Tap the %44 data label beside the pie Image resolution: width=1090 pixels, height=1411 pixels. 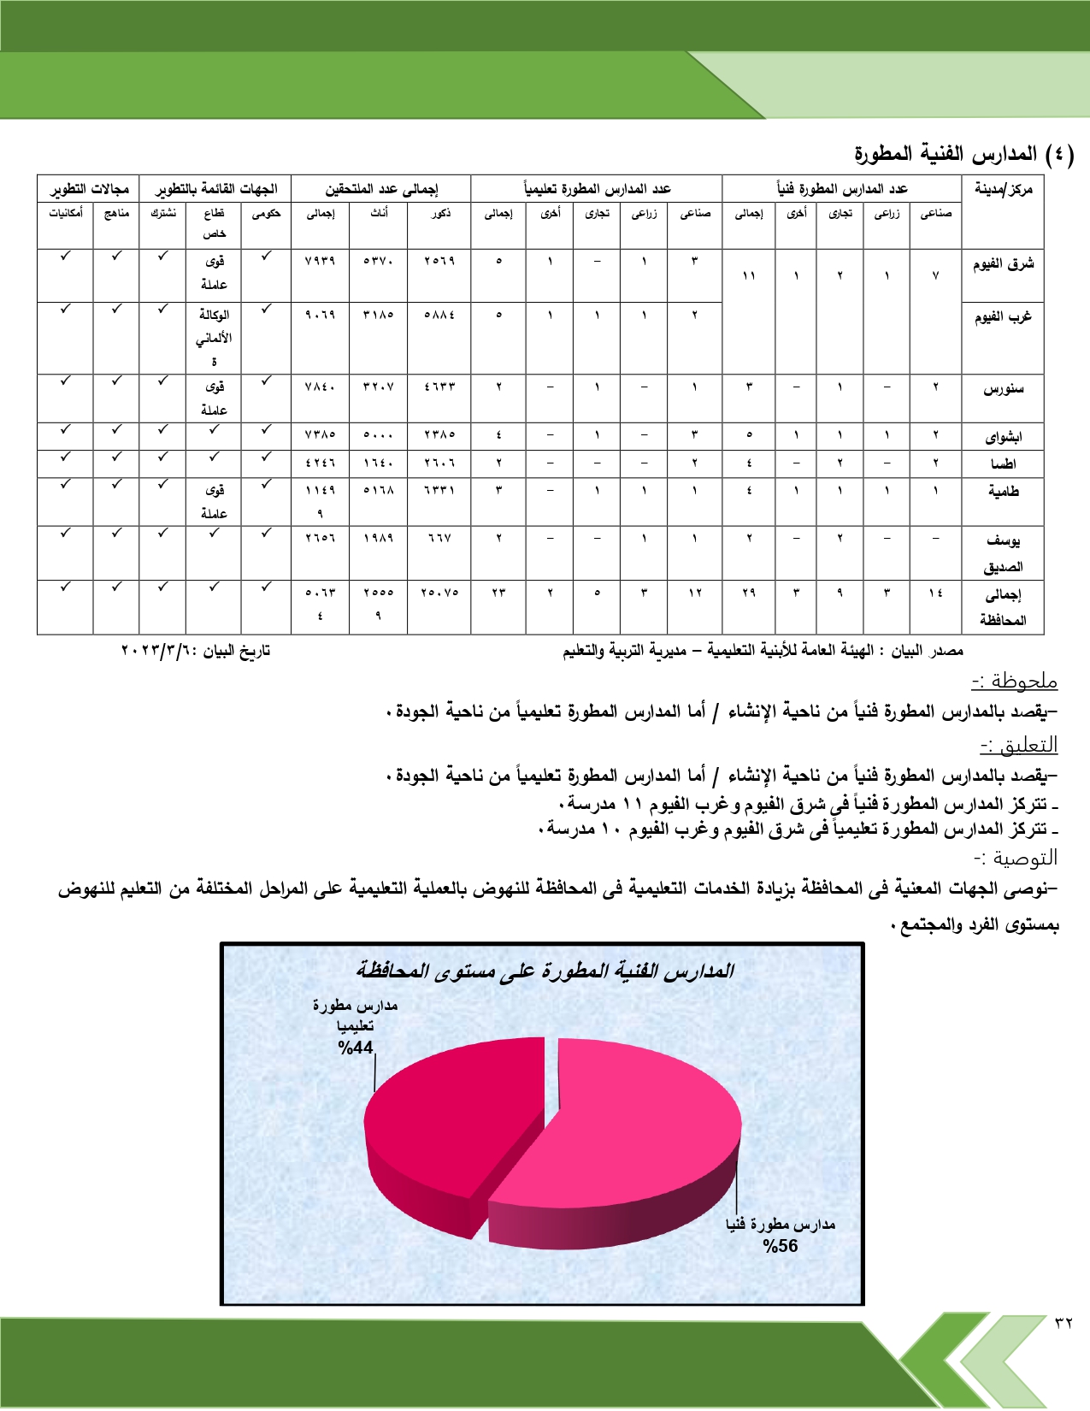tap(356, 1048)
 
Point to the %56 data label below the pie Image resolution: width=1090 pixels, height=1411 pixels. tap(781, 1246)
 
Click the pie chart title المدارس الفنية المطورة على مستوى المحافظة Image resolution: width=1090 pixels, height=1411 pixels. tap(545, 971)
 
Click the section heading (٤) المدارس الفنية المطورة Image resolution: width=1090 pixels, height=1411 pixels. tap(963, 154)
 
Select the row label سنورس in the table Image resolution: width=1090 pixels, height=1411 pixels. tap(1003, 389)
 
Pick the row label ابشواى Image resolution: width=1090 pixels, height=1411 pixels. tap(1003, 437)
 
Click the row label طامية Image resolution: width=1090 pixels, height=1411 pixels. tap(1003, 491)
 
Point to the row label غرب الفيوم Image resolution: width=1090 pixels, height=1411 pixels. tap(1003, 317)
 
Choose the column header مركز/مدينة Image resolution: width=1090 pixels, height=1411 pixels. tap(1003, 189)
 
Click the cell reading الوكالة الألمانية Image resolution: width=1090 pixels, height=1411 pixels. tap(214, 337)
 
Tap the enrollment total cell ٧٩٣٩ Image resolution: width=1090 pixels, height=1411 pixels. tap(320, 261)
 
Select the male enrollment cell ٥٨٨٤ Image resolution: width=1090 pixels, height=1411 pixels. tap(439, 315)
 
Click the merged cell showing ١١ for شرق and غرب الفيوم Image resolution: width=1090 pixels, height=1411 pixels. tap(749, 276)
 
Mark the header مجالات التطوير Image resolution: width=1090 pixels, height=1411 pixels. tap(89, 189)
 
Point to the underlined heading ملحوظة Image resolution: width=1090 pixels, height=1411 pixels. tap(1015, 682)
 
